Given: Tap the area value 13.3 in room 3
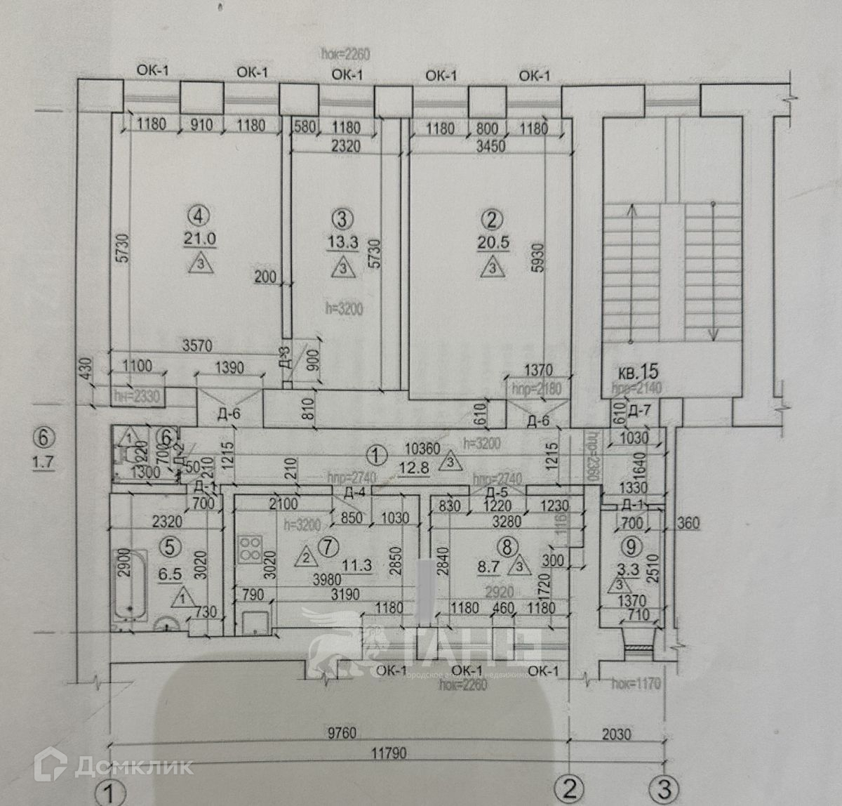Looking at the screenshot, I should point(342,243).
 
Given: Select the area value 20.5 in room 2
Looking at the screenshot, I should point(493,242).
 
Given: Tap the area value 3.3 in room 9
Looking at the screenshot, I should point(628,569).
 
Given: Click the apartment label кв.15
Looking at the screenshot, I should point(638,371).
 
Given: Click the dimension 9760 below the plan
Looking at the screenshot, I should point(340,734).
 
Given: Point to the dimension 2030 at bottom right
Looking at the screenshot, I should point(615,734).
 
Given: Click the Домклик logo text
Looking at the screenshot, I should point(133,765).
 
